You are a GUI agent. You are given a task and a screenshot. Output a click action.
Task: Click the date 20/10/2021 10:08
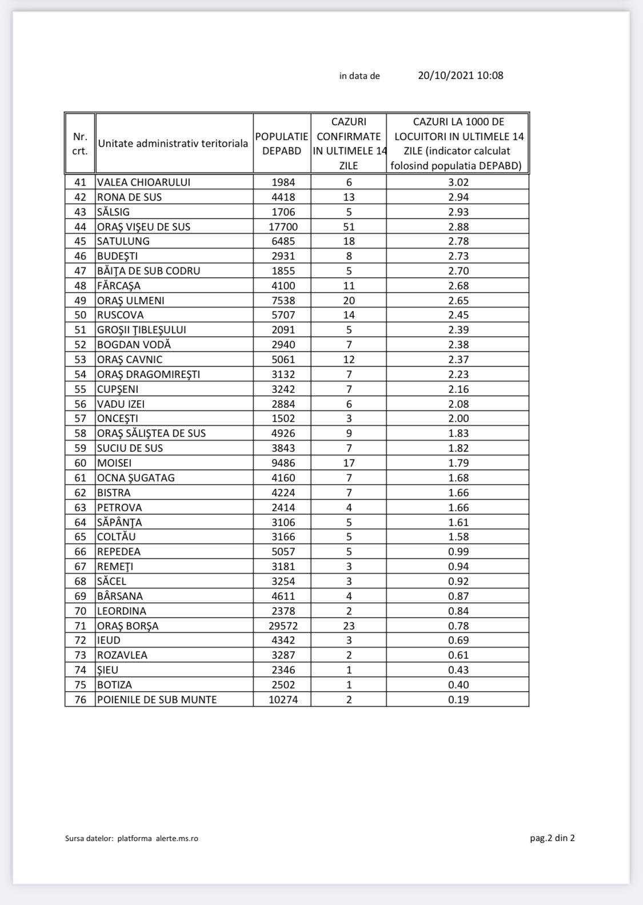click(x=460, y=75)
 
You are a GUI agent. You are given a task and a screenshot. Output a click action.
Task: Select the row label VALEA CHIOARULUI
click(x=143, y=182)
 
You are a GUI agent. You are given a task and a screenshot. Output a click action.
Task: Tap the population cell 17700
click(x=283, y=226)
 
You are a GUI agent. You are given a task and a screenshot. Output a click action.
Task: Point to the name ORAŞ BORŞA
click(x=127, y=625)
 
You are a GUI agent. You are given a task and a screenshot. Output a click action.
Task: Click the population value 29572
click(x=283, y=625)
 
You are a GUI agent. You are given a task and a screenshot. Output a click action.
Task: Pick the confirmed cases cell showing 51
click(x=349, y=226)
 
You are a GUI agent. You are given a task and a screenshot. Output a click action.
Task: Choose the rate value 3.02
click(x=458, y=182)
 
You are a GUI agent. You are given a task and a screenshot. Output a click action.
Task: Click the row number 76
click(x=80, y=699)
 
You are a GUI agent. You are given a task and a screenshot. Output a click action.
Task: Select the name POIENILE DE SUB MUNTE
click(x=157, y=699)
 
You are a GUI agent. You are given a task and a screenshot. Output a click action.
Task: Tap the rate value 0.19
click(x=458, y=699)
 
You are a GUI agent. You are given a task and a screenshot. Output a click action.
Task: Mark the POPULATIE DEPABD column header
click(x=282, y=143)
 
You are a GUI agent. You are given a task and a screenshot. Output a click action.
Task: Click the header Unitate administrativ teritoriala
click(x=173, y=143)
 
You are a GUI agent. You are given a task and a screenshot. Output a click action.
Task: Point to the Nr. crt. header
click(x=80, y=143)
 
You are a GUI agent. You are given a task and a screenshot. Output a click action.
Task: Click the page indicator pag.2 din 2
click(x=552, y=838)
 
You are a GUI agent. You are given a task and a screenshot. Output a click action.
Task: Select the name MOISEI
click(x=114, y=463)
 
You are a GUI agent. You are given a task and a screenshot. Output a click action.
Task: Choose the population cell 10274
click(x=283, y=699)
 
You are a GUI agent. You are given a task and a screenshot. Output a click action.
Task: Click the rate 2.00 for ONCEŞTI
click(x=458, y=418)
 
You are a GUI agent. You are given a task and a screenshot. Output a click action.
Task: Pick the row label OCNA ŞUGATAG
click(x=135, y=478)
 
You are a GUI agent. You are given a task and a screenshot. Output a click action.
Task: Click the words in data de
click(x=360, y=76)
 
